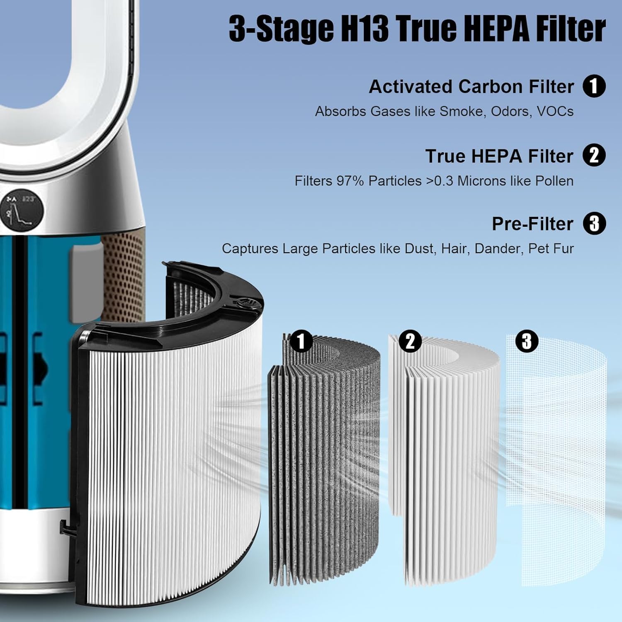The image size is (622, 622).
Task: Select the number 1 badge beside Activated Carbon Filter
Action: (x=594, y=86)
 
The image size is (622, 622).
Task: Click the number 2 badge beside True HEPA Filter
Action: (x=594, y=155)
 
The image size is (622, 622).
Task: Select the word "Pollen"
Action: (x=554, y=181)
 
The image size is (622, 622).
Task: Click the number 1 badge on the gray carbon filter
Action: (x=301, y=341)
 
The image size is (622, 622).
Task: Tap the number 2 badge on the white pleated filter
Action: (x=410, y=341)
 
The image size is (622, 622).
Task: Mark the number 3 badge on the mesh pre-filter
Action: (x=527, y=341)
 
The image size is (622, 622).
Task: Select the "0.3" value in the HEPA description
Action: (x=443, y=181)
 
